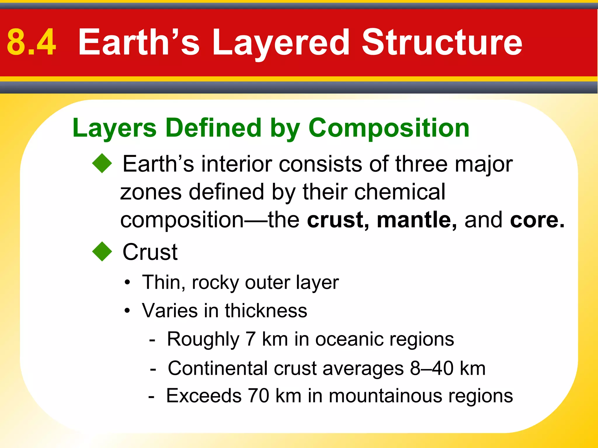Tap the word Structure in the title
click(x=442, y=42)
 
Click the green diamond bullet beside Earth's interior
click(x=102, y=163)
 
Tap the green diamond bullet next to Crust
click(x=102, y=251)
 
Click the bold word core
click(x=534, y=220)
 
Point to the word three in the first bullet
click(x=421, y=164)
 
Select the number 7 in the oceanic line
click(x=251, y=339)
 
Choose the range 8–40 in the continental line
click(x=432, y=368)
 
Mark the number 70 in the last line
click(x=258, y=396)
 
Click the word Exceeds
click(x=204, y=396)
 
